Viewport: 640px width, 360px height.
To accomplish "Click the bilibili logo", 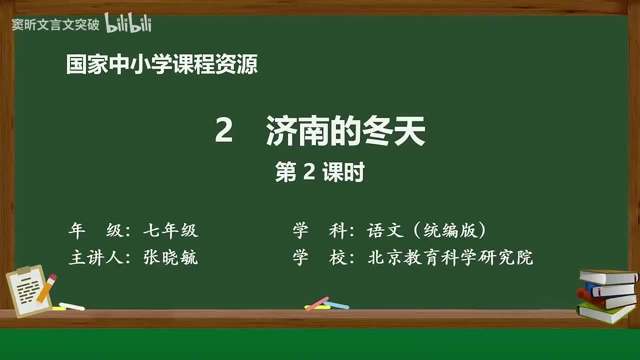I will pos(128,23).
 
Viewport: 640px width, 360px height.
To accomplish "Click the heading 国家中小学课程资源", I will pos(162,65).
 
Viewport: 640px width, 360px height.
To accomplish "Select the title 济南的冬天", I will pos(345,131).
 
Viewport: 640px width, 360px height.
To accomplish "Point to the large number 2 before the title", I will pos(223,131).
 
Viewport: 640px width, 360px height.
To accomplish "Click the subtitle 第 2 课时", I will pos(319,172).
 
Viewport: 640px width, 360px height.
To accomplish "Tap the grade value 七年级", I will pos(170,230).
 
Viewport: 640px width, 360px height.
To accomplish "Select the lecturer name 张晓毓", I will pos(170,257).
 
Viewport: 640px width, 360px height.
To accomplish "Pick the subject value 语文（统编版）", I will pos(426,230).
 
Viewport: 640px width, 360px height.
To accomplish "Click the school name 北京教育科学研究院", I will pos(450,257).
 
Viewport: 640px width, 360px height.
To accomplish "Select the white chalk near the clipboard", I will pos(71,306).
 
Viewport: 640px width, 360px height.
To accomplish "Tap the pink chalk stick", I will pos(317,303).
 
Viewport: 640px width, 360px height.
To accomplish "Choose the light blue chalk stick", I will pos(336,304).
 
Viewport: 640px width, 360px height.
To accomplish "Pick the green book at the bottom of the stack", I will pos(605,313).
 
